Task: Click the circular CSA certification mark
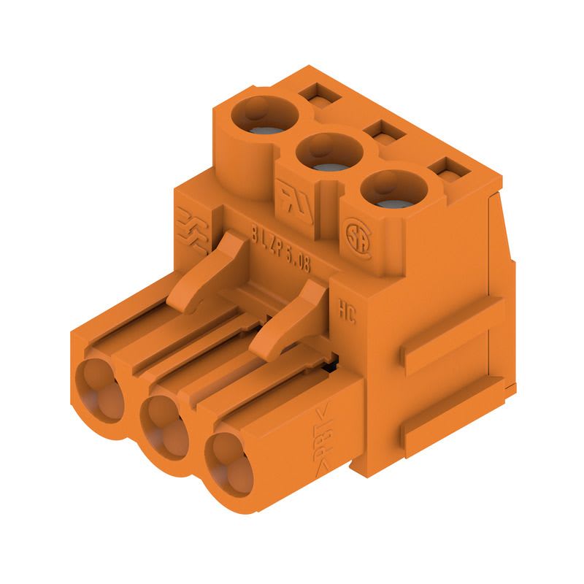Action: [x=358, y=238]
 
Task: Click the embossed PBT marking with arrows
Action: [x=323, y=437]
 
